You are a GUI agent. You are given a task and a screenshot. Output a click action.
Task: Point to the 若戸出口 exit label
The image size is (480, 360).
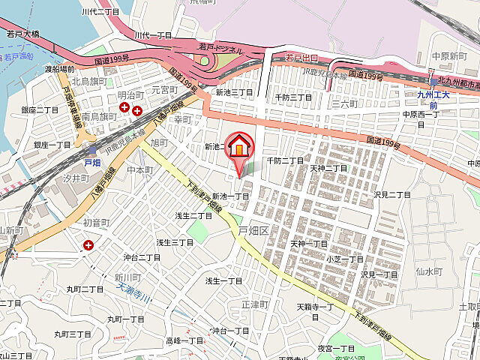pos(302,57)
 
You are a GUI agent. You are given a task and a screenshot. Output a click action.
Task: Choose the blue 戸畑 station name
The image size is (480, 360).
pos(91,162)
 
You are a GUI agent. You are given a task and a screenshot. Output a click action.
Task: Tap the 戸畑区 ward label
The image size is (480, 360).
pos(253,229)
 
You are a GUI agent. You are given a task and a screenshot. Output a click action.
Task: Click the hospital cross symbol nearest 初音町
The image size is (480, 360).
pos(89,244)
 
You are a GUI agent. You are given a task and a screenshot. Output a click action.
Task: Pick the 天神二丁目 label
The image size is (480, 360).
pos(328,168)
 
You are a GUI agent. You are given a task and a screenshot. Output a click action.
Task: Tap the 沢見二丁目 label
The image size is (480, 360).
pos(392,195)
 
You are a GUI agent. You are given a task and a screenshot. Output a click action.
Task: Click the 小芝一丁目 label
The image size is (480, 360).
pos(344,259)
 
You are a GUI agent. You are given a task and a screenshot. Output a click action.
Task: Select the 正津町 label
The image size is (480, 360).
pos(255,304)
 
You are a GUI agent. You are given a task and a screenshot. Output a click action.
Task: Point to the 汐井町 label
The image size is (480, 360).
pos(76,178)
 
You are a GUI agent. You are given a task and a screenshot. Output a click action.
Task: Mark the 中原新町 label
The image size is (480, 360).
pos(449,55)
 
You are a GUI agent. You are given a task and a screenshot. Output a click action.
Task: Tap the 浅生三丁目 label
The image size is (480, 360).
pos(175,242)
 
